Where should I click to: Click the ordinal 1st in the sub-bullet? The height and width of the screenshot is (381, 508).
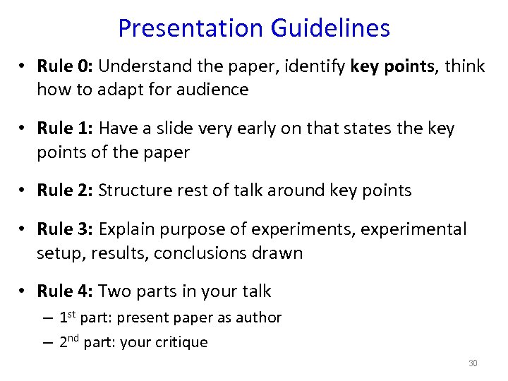[x=67, y=317]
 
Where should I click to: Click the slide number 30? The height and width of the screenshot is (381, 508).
[x=473, y=363]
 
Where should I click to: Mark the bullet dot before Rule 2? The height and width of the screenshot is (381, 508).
[x=23, y=190]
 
